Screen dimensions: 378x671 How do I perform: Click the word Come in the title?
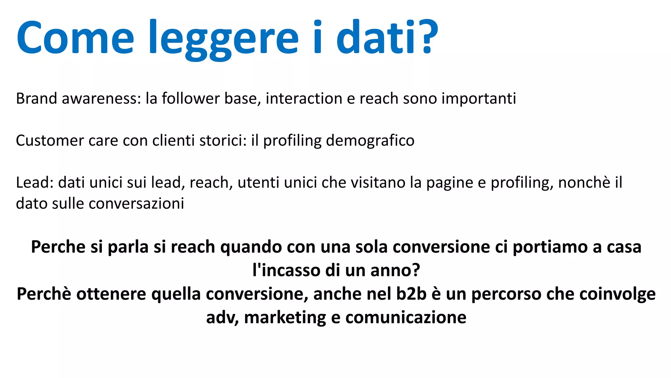(75, 38)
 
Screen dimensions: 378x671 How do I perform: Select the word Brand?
(36, 98)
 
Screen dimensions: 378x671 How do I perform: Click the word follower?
(190, 98)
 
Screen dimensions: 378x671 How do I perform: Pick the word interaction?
(304, 98)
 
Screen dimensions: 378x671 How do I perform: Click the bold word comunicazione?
(406, 318)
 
